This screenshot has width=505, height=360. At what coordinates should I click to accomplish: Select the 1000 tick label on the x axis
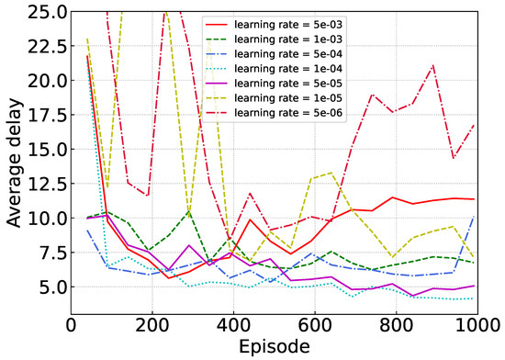[x=476, y=326]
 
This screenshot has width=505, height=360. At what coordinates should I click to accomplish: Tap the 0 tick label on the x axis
[x=71, y=326]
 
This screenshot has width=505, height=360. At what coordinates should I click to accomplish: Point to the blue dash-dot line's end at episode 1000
[x=474, y=217]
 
